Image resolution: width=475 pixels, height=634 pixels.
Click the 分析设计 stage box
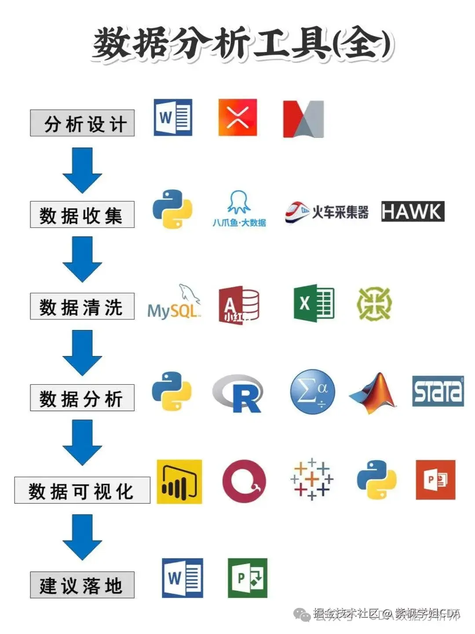point(82,123)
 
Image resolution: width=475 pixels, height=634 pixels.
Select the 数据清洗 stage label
point(82,306)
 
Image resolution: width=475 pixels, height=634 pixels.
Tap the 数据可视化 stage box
point(82,490)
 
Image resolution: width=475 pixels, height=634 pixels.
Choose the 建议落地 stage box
point(82,585)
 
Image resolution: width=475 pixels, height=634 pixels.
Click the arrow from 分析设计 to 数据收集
point(82,170)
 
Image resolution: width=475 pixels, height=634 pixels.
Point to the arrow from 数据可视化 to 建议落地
point(82,536)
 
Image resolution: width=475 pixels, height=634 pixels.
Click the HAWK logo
point(412,211)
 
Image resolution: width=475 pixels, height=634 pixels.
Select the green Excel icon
point(314,303)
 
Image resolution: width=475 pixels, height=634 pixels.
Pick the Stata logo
point(438,391)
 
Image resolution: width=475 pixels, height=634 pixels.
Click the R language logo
point(238,393)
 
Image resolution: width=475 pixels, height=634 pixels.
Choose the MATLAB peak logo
point(373,393)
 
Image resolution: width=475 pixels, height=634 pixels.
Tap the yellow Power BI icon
point(179,482)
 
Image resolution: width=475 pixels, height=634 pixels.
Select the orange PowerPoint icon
point(435,480)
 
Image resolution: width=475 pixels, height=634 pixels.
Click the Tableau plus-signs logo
point(311,479)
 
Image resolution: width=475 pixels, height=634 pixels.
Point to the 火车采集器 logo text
point(340,212)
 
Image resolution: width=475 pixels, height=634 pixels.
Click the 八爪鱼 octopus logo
point(239,208)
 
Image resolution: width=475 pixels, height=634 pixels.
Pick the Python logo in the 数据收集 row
point(172,209)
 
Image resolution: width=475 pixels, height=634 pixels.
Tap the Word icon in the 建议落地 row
point(183,578)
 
